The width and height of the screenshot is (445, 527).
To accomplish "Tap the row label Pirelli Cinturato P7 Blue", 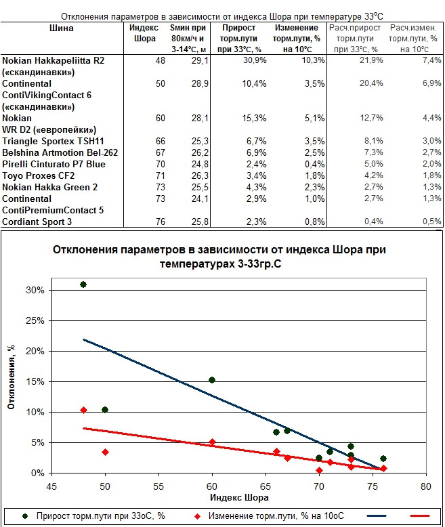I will pos(54,164).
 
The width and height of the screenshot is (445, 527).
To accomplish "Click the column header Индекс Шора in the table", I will pos(143,33).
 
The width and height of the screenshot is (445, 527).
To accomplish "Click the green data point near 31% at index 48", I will pos(83,284).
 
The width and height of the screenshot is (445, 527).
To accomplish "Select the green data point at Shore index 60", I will pos(212,380).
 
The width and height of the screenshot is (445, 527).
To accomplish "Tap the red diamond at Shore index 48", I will pos(83,410).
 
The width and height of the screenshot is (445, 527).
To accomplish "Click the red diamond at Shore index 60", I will pos(212,442).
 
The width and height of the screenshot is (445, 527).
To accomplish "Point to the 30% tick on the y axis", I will pos(35,290).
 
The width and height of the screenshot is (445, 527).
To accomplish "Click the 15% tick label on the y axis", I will pos(35,381).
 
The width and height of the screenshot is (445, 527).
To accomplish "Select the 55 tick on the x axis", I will pos(158,486).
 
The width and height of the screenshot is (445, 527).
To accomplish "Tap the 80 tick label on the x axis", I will pos(426,486).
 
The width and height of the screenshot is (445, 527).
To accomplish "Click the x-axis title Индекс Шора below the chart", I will pos(240,498).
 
